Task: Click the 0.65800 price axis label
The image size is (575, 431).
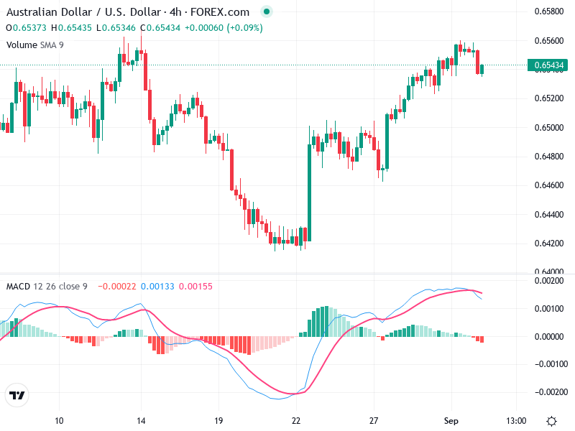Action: pos(548,11)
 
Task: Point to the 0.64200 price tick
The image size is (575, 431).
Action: pos(548,243)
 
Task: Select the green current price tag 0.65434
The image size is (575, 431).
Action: pos(548,65)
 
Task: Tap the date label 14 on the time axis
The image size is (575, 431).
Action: pos(141,420)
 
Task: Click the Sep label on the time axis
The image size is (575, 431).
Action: pos(451,420)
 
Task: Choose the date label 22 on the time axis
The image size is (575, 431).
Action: pos(296,420)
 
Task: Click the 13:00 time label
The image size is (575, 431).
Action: pos(516,420)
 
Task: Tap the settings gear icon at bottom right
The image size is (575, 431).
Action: pos(551,420)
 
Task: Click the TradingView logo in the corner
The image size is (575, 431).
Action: pos(17,396)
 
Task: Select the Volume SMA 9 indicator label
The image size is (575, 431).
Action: pos(35,45)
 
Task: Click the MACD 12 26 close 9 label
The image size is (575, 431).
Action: pos(47,287)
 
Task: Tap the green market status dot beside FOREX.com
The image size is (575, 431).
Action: pos(267,12)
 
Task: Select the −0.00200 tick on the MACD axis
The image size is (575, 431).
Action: pos(548,392)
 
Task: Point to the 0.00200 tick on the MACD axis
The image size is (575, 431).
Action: pos(548,281)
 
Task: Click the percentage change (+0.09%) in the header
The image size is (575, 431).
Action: pos(245,28)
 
